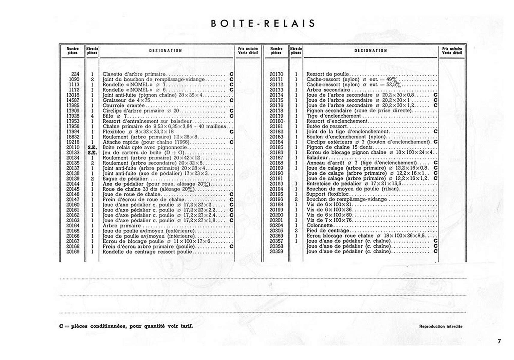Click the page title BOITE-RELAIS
click(263, 24)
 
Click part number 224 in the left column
click(75, 74)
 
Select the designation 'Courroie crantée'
click(124, 106)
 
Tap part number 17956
click(73, 126)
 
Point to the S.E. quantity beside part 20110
click(92, 147)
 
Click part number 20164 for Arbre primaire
click(73, 226)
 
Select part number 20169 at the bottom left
click(73, 252)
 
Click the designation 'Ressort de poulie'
click(327, 74)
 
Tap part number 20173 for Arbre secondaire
click(276, 90)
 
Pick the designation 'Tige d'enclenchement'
click(333, 116)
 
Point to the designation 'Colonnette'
click(319, 225)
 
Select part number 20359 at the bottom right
click(276, 251)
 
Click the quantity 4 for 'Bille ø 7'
click(92, 116)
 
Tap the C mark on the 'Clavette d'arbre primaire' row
click(231, 74)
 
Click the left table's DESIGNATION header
click(166, 51)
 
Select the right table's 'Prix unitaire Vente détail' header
click(452, 51)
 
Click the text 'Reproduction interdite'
click(441, 326)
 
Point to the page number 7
click(499, 341)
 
